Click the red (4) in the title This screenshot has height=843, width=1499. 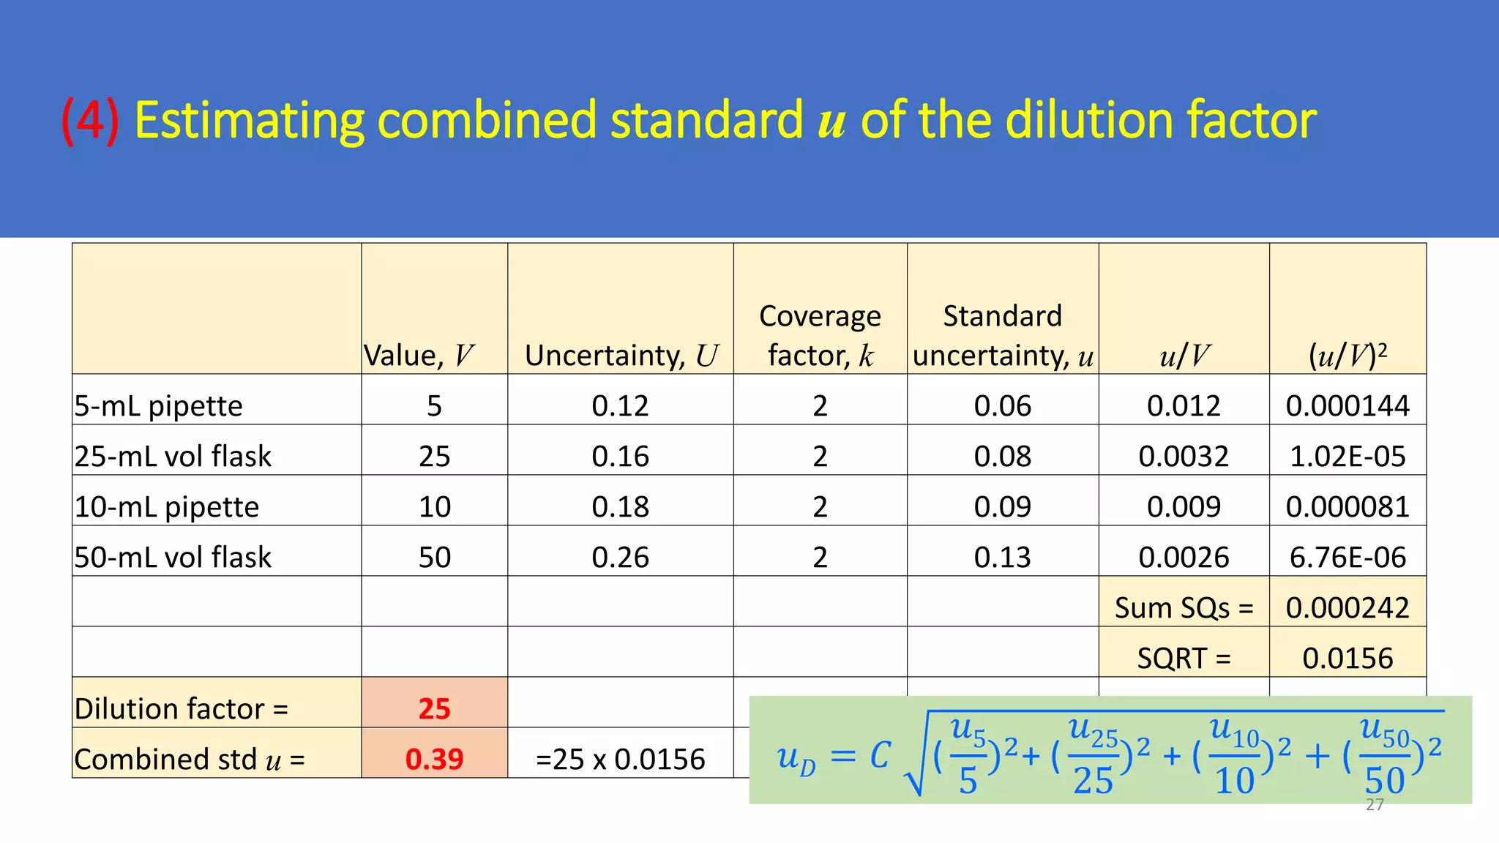[90, 121]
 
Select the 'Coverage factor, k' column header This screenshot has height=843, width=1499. [820, 335]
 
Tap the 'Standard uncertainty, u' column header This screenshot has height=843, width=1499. [1002, 335]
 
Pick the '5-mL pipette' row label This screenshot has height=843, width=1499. [158, 406]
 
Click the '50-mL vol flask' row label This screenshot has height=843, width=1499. [173, 558]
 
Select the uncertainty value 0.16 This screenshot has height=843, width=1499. [620, 457]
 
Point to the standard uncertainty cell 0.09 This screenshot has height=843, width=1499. [1002, 507]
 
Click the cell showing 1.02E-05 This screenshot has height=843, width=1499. [1347, 457]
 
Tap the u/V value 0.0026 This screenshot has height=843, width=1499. [1184, 558]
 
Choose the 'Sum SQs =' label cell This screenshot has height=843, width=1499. [1184, 608]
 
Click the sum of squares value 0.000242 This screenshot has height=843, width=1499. [1347, 608]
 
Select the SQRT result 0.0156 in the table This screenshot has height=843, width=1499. [1347, 659]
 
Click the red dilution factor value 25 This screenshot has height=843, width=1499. [434, 709]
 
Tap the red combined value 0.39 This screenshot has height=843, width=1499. [434, 760]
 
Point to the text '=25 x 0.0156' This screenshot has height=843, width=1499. [620, 760]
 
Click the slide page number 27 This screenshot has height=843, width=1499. [1375, 806]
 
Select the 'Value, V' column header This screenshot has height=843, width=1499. [419, 356]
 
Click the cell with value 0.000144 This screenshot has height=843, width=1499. [1347, 406]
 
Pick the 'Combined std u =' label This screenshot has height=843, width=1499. [189, 760]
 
